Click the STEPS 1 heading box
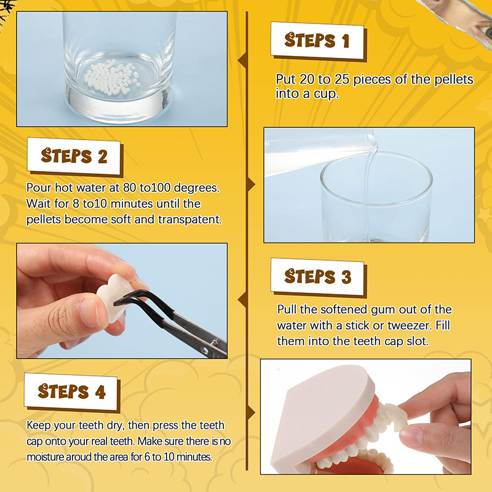(x=317, y=40)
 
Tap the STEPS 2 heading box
(x=74, y=156)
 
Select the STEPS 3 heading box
(x=317, y=276)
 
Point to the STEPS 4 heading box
(x=71, y=391)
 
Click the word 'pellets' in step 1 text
(x=453, y=79)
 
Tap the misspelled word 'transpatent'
(x=189, y=220)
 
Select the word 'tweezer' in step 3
(x=410, y=325)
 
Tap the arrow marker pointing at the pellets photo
(x=242, y=60)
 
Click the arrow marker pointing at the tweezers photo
(x=242, y=300)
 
